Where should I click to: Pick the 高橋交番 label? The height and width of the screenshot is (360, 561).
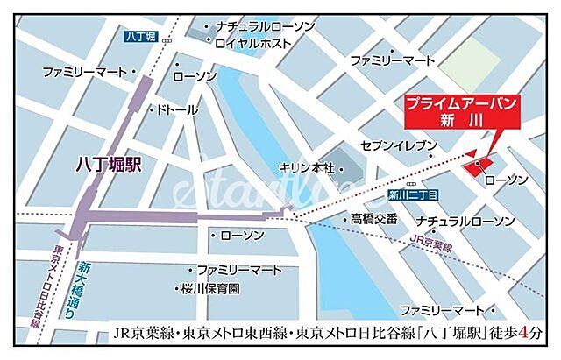coord(374,218)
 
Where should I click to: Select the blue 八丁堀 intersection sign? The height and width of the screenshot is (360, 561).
coord(139,37)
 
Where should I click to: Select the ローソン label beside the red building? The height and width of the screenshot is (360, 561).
coord(506,180)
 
